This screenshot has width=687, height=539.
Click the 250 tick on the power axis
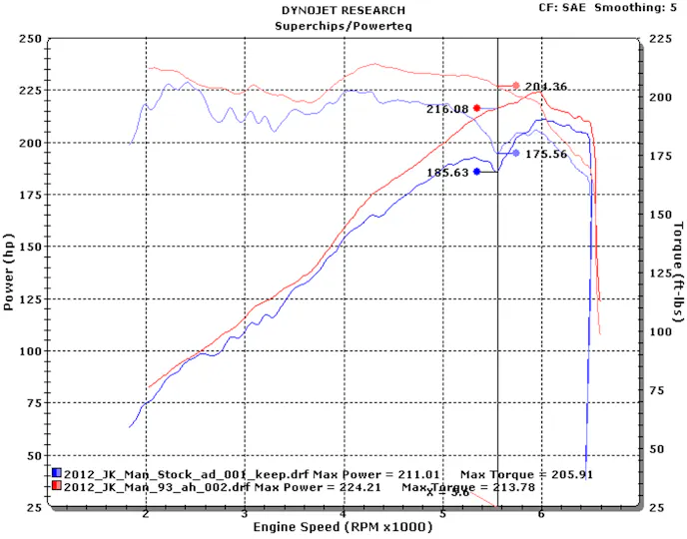30,39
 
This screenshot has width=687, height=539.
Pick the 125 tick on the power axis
30,299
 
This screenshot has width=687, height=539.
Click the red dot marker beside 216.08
477,108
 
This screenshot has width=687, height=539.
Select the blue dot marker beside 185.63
477,172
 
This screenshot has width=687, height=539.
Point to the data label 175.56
546,155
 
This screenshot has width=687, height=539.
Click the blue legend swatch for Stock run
57,472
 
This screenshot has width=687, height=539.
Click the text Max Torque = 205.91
526,472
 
